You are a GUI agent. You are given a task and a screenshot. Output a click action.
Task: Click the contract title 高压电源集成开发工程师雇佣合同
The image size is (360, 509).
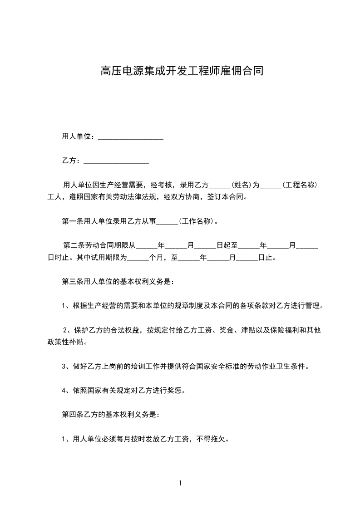coord(182,72)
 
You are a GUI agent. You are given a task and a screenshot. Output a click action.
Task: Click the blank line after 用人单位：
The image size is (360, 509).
coord(130,137)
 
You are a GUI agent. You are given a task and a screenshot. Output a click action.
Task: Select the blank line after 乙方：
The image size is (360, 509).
coord(116,161)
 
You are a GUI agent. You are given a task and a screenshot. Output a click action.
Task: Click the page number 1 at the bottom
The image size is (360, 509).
coord(180,484)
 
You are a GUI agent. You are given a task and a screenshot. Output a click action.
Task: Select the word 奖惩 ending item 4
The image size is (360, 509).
coord(176,390)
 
